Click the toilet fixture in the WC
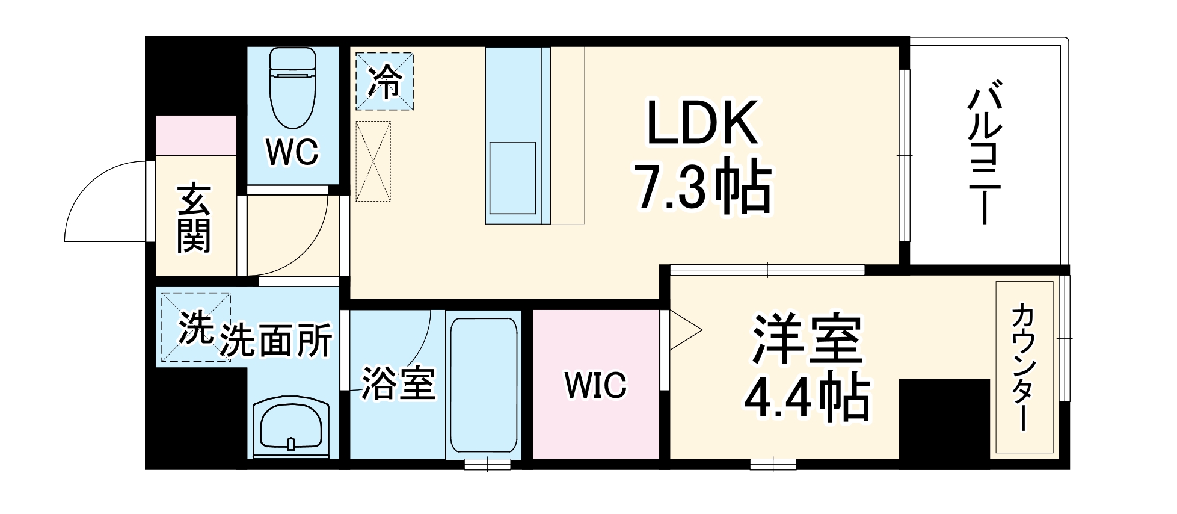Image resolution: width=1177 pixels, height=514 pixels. coord(293,88)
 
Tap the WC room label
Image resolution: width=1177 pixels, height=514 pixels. coord(293,152)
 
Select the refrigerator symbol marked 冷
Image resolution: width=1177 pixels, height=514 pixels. coord(384,81)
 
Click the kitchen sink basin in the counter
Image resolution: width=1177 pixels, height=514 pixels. coord(512,178)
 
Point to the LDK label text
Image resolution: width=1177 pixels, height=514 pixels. coord(701,124)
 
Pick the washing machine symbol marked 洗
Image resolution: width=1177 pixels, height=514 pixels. coord(194,327)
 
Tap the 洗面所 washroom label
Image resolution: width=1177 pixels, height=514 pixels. coord(276,341)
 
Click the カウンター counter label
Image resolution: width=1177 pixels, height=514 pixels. coord(1025,367)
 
